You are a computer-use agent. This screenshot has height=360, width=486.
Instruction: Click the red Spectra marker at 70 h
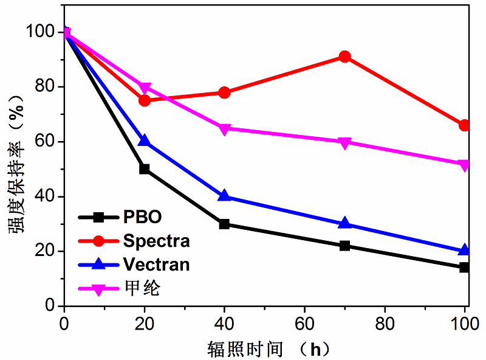click(345, 57)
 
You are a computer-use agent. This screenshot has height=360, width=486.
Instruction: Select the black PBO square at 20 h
click(145, 168)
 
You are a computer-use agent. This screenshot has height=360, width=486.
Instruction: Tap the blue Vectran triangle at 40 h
click(224, 196)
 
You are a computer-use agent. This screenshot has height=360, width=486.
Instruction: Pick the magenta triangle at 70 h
click(345, 142)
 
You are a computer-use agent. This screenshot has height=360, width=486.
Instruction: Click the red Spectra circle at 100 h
click(465, 125)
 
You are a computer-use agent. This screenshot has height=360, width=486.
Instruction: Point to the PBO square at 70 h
click(345, 246)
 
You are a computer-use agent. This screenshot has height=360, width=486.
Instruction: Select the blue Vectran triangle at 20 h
click(145, 141)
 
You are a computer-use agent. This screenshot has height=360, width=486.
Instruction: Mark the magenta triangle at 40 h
click(224, 129)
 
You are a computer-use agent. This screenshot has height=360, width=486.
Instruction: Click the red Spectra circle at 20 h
click(145, 100)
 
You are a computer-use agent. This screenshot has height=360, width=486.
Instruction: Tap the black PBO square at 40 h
click(224, 224)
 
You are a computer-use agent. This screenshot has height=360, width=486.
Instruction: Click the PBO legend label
click(143, 217)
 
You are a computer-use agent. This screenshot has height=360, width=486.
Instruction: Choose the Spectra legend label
click(156, 241)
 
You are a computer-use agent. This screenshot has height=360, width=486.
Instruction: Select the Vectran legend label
click(156, 265)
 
